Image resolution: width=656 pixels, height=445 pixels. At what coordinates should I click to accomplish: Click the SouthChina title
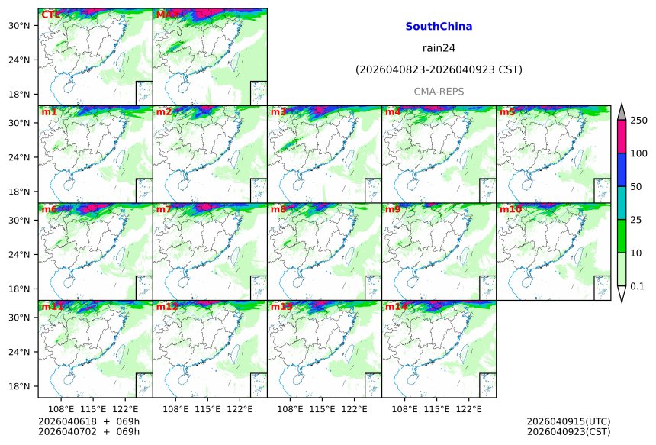coord(439,27)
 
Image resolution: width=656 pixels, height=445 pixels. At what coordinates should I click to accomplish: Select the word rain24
coord(439,48)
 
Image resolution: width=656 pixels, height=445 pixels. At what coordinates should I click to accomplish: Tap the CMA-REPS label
coord(439,91)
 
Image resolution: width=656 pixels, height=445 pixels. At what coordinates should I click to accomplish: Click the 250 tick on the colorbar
coord(638,121)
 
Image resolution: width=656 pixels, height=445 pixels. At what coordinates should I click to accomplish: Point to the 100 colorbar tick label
coord(638,154)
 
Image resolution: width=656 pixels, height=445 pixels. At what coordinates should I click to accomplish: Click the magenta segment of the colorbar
coord(622,137)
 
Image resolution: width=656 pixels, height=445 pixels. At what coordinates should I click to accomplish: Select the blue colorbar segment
coord(622,170)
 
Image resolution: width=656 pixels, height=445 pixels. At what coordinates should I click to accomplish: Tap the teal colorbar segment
coord(622,203)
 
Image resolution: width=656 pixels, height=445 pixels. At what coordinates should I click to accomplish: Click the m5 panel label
coord(507,112)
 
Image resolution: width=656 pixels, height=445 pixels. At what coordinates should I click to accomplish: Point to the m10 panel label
coord(510,209)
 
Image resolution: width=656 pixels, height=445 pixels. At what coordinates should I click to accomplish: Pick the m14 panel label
coord(396,307)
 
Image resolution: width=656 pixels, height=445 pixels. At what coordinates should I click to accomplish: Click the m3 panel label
coord(278,112)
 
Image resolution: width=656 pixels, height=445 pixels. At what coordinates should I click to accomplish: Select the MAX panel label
coord(168,15)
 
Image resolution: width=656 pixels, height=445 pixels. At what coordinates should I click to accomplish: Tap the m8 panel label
coord(278,209)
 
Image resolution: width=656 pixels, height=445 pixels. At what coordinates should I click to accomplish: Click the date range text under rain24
coord(439,69)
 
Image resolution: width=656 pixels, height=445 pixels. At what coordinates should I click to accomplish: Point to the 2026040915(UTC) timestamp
coord(568,421)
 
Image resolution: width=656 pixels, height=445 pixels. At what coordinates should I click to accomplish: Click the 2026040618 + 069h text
coord(84,421)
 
